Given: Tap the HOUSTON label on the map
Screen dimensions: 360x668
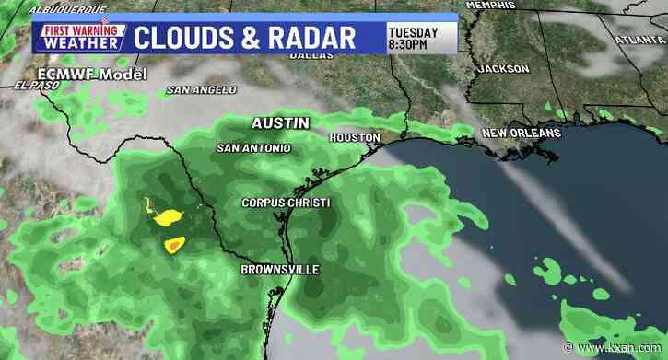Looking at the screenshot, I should click(x=356, y=137).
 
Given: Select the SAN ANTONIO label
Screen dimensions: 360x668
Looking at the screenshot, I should click(x=253, y=147).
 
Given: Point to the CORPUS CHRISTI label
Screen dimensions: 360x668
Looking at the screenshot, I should click(x=286, y=203).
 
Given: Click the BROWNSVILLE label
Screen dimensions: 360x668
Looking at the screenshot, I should click(x=280, y=269).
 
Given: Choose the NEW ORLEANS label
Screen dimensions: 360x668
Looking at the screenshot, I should click(x=522, y=134).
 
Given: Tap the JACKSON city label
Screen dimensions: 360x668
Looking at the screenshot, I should click(x=503, y=69).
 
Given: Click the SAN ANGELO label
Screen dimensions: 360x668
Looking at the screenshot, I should click(x=195, y=90).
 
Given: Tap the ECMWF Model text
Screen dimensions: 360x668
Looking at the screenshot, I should click(x=79, y=73).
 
